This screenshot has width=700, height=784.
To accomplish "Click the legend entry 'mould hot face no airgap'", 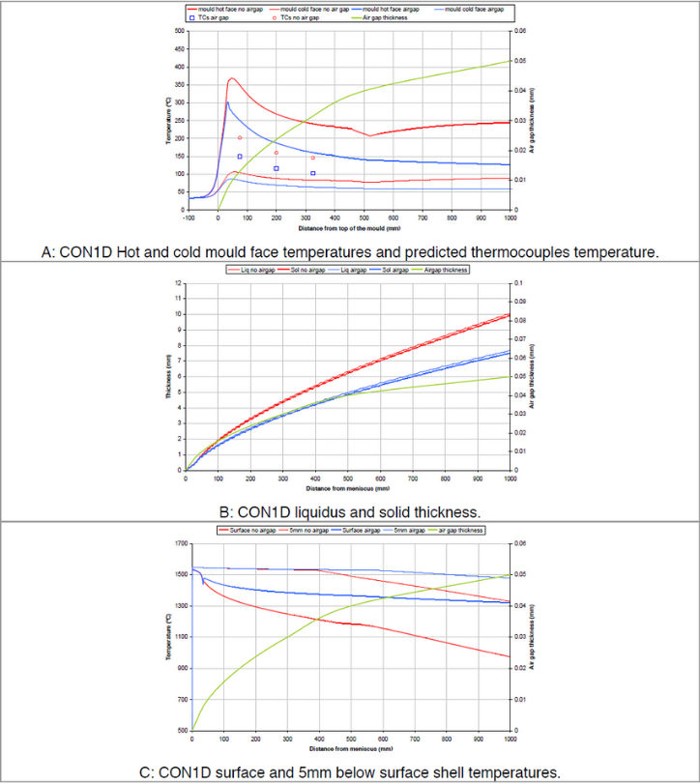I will (225, 8).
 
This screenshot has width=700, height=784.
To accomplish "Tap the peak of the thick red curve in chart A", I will (232, 78).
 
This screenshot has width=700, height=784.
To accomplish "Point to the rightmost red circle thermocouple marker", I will (313, 158).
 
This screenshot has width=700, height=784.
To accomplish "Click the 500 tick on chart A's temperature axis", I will (180, 31).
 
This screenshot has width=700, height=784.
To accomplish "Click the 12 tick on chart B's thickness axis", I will (178, 282).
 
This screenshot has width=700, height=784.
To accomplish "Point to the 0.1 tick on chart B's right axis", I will (521, 282).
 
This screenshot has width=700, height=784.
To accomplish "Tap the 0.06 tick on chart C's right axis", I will (521, 543).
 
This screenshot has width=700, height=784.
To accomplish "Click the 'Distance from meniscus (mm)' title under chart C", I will (349, 748).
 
